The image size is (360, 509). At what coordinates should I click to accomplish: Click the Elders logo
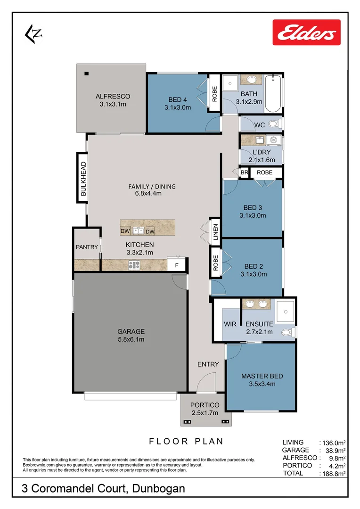pyautogui.click(x=306, y=32)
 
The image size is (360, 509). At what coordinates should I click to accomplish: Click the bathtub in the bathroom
pyautogui.click(x=273, y=93)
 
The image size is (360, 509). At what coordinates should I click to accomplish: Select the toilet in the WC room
pyautogui.click(x=275, y=124)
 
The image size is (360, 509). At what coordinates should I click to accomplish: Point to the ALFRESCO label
pyautogui.click(x=113, y=96)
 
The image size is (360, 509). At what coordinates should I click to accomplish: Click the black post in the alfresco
pyautogui.click(x=87, y=73)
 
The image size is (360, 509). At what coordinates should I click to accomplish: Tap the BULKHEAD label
pyautogui.click(x=83, y=179)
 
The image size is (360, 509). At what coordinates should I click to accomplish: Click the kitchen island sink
pyautogui.click(x=138, y=230)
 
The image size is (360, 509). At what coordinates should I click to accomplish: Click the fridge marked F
pyautogui.click(x=177, y=265)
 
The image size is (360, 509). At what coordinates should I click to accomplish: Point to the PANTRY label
pyautogui.click(x=87, y=247)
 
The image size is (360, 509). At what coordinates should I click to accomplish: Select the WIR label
pyautogui.click(x=230, y=324)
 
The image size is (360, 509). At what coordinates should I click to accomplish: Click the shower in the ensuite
pyautogui.click(x=285, y=309)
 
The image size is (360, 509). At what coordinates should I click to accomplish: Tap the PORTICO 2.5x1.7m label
pyautogui.click(x=205, y=409)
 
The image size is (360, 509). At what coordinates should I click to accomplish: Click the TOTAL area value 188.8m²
pyautogui.click(x=334, y=473)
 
